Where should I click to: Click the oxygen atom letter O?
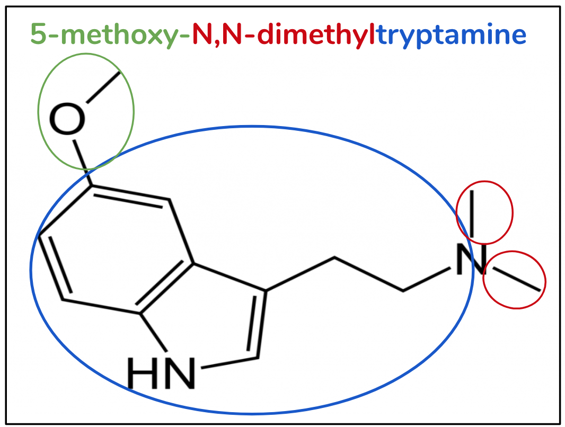click(67, 119)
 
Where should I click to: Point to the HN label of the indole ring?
click(161, 373)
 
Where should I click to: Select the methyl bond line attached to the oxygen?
click(103, 87)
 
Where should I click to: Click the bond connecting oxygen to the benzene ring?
click(83, 163)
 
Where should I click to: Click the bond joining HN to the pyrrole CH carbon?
click(229, 363)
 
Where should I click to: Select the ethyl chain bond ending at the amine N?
click(427, 279)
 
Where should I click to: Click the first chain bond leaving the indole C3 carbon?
click(300, 273)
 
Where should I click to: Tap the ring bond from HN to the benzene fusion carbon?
click(154, 332)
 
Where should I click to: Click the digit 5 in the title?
click(39, 34)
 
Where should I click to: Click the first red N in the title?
click(203, 34)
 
